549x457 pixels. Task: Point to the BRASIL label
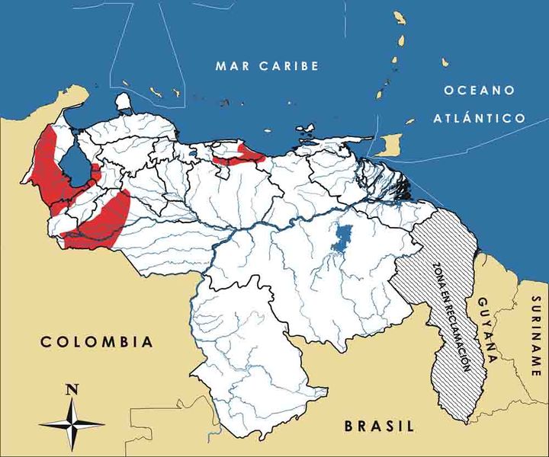point(378,426)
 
